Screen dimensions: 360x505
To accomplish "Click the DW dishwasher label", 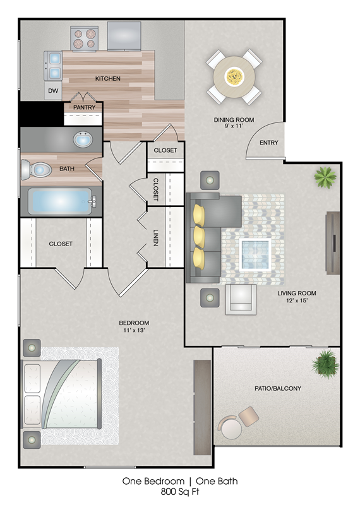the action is coord(53,91).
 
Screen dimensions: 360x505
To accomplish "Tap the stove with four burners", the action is coord(85,39).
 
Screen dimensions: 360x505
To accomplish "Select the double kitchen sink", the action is coord(53,66).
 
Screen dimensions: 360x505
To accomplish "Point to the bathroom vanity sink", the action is coord(83,140).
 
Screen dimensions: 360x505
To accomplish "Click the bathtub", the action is coord(62,201).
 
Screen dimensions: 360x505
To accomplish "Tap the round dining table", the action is coord(234,77).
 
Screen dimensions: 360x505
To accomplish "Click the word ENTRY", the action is coord(269,143).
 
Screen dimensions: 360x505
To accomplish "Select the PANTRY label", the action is coord(84,107).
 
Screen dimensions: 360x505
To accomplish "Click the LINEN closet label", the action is coord(156,238).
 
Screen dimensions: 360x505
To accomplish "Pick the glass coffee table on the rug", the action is coord(255,254).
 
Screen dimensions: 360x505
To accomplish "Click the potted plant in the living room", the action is coord(325,177).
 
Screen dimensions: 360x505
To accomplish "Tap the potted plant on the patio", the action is coord(325,363).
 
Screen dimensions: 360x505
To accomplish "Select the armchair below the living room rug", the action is coord(241,299).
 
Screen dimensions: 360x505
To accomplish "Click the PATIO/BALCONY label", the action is coord(278,388).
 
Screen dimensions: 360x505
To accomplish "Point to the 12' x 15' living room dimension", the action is coord(296,300).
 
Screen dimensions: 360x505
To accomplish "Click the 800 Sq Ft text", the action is coord(180,492).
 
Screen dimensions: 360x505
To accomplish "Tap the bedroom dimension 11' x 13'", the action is coord(134,330).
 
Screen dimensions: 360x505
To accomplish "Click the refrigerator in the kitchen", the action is coord(124,36).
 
